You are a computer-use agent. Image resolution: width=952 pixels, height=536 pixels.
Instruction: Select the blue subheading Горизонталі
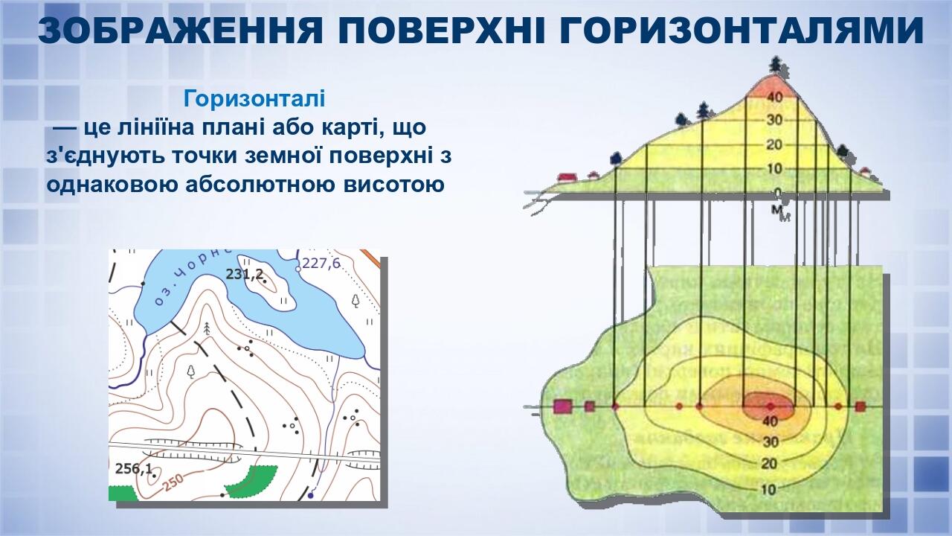click(254, 98)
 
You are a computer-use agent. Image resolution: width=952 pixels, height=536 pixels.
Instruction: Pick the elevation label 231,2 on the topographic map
click(245, 275)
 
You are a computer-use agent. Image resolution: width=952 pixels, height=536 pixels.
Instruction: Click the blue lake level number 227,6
click(321, 263)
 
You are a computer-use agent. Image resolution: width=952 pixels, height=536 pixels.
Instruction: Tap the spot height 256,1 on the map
click(135, 468)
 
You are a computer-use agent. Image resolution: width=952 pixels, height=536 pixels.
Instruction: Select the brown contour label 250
click(173, 482)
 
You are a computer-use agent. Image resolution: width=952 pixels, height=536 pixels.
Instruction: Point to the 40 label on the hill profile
click(775, 97)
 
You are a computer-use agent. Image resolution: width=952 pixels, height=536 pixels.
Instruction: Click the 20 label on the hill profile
click(775, 144)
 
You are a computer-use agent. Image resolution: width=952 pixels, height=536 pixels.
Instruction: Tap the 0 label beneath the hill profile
click(776, 194)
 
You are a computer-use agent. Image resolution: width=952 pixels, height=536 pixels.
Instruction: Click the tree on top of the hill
click(776, 65)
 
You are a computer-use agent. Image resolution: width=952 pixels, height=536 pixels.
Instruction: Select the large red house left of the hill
click(567, 176)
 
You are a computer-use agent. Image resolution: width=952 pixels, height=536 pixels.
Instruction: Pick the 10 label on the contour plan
click(770, 489)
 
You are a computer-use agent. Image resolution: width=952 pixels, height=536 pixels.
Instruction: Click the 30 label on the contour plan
click(770, 442)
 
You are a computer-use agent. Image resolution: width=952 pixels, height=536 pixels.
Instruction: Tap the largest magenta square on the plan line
click(562, 406)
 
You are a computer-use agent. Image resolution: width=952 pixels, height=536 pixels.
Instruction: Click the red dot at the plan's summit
click(771, 406)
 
